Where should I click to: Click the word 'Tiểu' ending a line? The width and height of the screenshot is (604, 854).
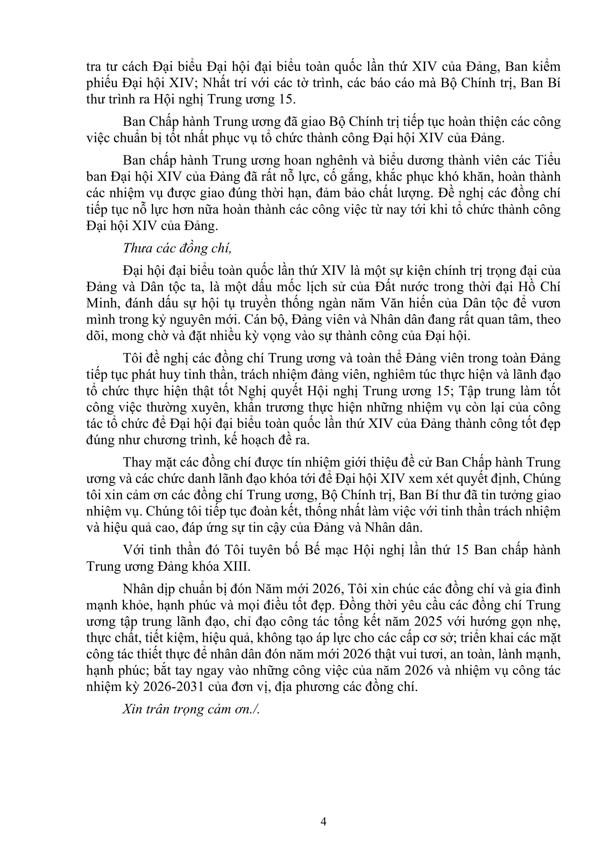click(548, 160)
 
